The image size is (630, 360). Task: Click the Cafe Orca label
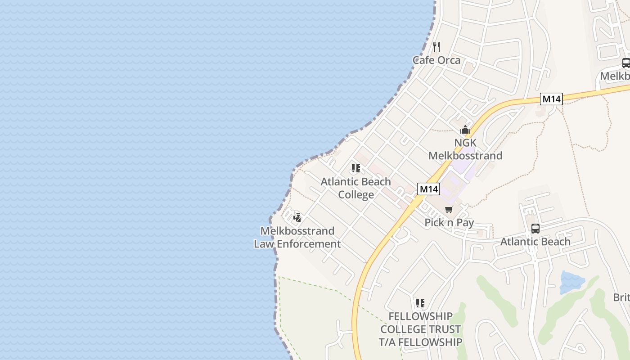tap(436, 60)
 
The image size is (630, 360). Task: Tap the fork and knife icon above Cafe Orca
tap(436, 46)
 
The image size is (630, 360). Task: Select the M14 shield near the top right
tap(551, 99)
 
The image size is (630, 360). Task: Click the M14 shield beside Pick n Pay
tap(428, 189)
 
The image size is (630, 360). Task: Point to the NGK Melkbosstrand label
tap(465, 149)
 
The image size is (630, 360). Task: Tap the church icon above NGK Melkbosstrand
tap(465, 130)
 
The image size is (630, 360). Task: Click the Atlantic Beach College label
tap(355, 188)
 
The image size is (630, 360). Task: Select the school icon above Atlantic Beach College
tap(355, 169)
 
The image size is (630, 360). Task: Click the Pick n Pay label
tap(449, 223)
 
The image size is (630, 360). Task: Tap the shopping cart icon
tap(449, 210)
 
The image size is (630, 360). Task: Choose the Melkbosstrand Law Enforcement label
tap(297, 238)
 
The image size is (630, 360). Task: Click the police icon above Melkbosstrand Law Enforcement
tap(297, 218)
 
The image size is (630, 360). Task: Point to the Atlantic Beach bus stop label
tap(535, 242)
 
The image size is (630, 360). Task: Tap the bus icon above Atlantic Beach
tap(535, 228)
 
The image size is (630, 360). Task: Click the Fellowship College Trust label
tap(420, 329)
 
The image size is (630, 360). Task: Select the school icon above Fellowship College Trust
tap(420, 303)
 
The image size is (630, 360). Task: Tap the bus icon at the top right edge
tap(626, 63)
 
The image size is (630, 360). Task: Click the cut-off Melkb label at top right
tap(615, 76)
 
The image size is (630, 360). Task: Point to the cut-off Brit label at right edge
tap(621, 297)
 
